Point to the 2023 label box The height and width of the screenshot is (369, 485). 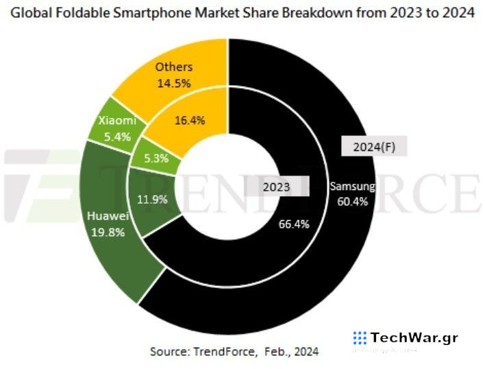click(277, 186)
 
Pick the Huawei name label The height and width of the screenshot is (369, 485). click(107, 216)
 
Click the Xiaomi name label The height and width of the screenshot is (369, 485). click(116, 121)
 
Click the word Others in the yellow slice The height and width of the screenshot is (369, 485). click(173, 67)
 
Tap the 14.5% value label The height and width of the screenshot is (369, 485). click(173, 83)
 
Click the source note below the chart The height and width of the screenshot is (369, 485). click(234, 352)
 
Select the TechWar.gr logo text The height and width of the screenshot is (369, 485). click(414, 337)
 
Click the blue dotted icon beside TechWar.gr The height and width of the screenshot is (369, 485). click(360, 337)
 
